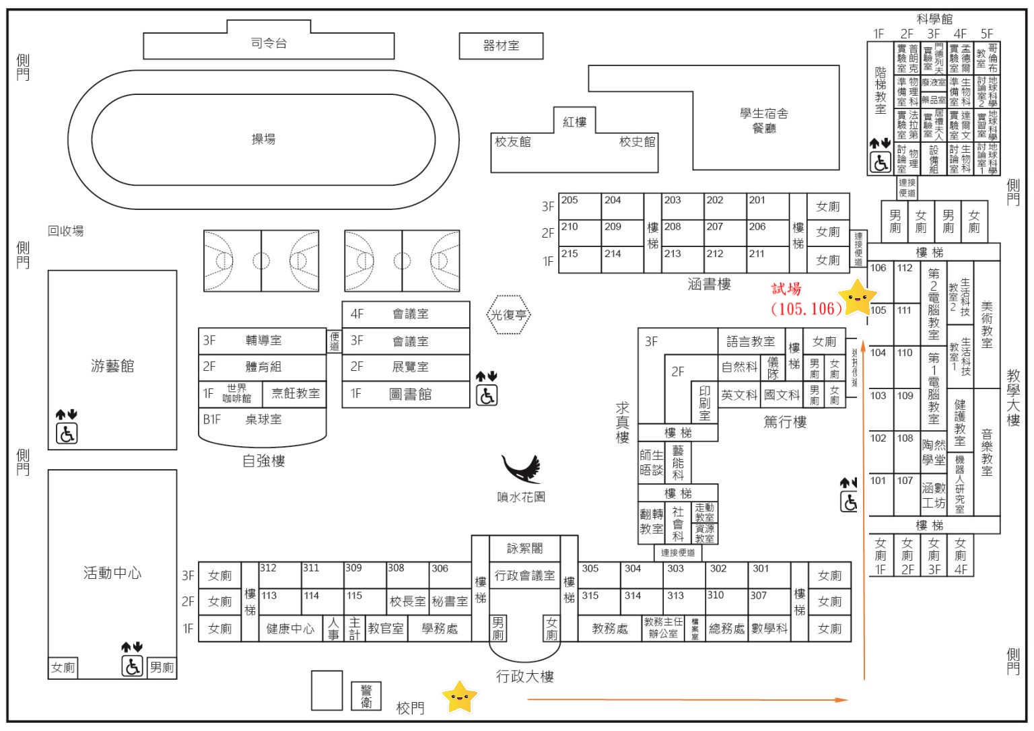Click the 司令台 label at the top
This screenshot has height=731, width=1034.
coord(269,44)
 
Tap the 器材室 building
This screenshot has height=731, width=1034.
coord(501,46)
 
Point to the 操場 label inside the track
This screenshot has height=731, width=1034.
coord(263,139)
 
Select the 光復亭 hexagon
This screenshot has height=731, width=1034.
coord(509,315)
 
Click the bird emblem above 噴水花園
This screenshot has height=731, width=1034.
coord(522,468)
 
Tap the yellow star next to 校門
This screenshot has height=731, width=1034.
coord(459,697)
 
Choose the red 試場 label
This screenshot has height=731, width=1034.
coord(786,289)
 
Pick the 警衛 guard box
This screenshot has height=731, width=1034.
coord(366,696)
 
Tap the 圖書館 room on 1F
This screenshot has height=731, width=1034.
coord(410,394)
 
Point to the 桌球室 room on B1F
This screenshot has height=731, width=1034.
coord(263,419)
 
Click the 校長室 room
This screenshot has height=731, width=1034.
coord(407,601)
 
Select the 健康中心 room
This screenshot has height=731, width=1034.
coord(290,629)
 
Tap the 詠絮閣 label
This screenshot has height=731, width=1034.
coord(524,549)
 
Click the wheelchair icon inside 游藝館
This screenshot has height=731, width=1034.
coord(67,433)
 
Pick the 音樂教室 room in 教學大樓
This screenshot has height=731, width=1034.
coord(987,452)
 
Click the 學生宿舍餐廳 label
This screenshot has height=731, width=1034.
coord(764,120)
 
